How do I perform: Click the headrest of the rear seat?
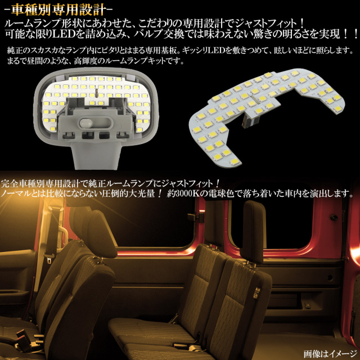254,232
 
